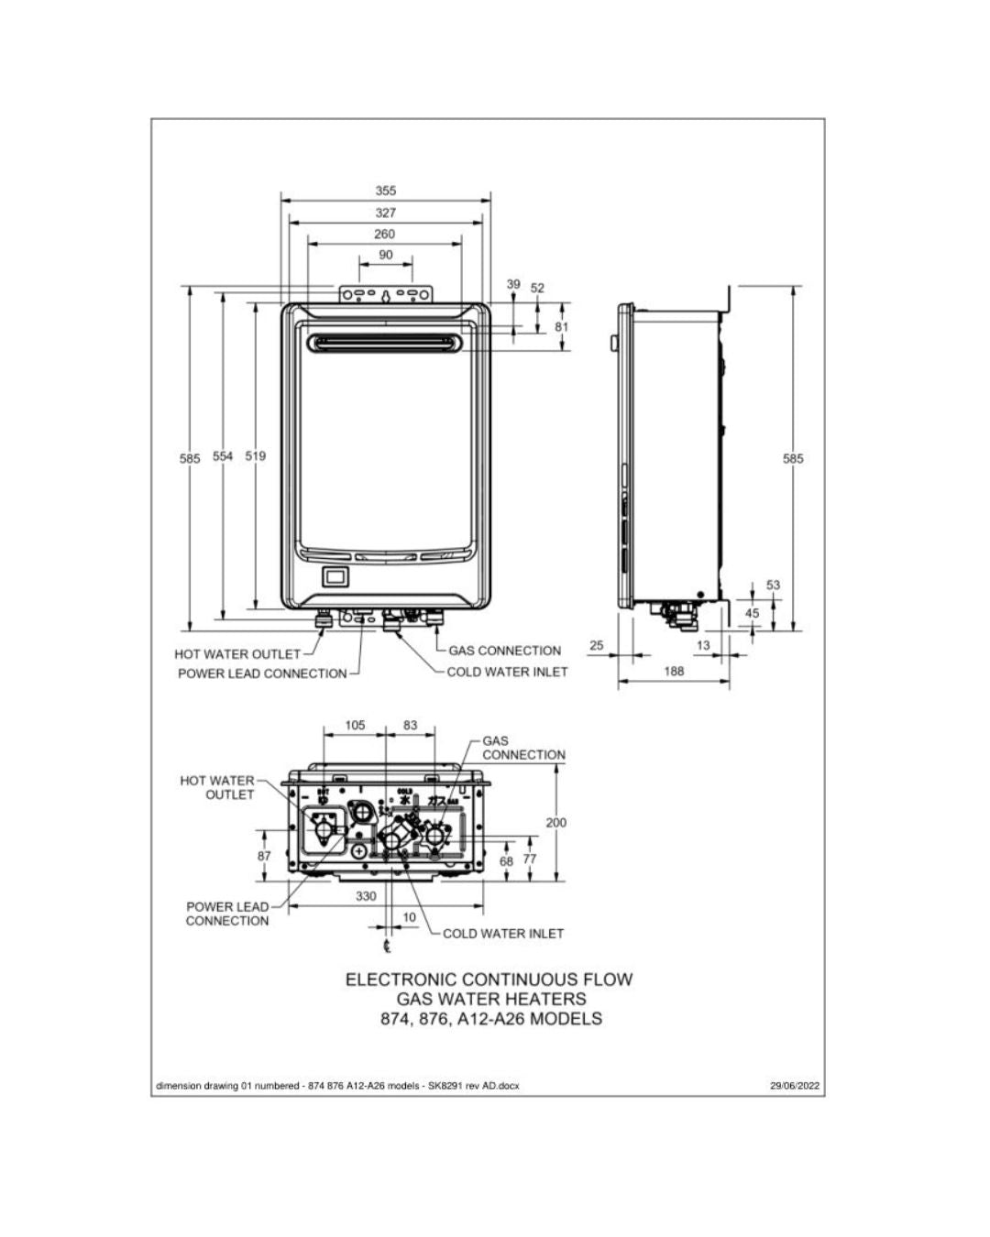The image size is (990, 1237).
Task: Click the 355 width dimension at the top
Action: (386, 191)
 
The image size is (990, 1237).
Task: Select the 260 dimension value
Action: (385, 234)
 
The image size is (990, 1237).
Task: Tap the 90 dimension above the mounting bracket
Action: (385, 255)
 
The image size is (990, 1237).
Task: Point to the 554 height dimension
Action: (224, 456)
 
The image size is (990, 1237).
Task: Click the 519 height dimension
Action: (256, 456)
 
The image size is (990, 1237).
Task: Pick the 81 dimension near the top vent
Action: (562, 327)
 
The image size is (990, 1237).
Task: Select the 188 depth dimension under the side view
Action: (674, 671)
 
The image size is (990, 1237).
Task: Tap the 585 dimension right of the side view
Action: (793, 458)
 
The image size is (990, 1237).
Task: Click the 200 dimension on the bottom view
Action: (556, 822)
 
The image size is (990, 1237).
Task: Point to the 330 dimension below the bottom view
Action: (366, 895)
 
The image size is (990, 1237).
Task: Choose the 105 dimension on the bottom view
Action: (355, 725)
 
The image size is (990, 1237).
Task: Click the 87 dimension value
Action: (264, 855)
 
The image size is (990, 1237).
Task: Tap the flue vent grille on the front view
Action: (386, 343)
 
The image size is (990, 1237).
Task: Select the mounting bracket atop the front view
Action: (386, 294)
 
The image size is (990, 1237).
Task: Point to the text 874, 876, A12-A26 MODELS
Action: (491, 1019)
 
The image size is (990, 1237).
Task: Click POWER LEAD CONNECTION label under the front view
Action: (262, 673)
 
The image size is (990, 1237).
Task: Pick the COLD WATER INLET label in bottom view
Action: (503, 933)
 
